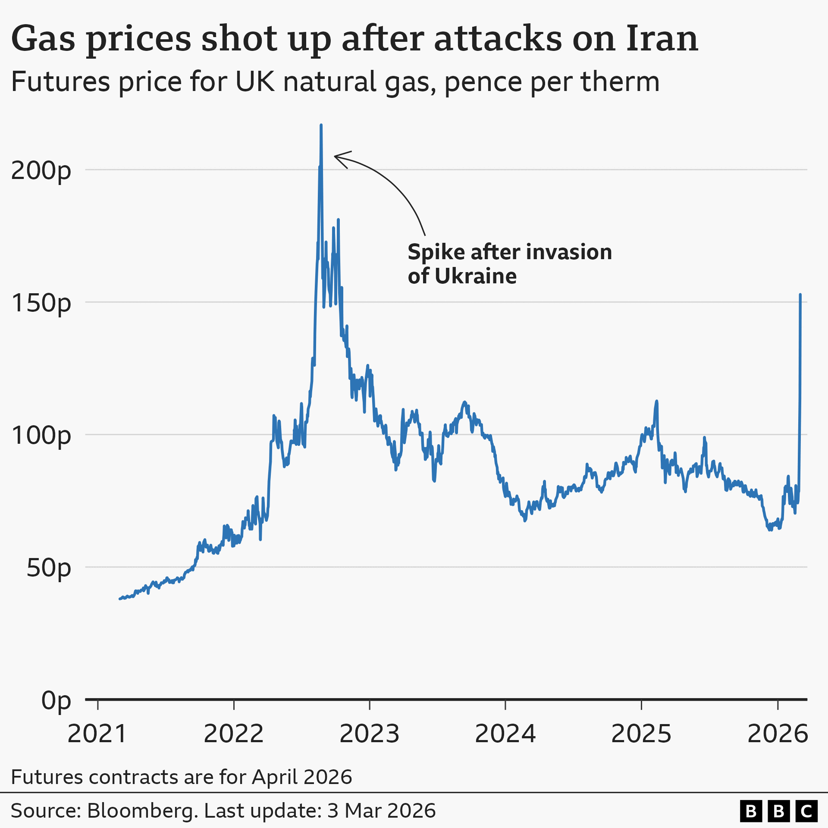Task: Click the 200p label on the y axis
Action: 41,171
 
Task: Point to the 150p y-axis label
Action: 41,303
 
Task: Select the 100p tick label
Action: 41,436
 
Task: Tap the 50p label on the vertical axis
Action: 48,568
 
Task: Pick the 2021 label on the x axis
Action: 97,734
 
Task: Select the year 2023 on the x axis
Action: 369,734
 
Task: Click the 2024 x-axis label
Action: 505,734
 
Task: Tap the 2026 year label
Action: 777,734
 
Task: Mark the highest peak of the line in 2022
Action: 321,125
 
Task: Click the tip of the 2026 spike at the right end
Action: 800,295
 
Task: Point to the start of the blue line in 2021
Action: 120,599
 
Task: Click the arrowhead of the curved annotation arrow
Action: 336,156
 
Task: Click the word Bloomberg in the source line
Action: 142,811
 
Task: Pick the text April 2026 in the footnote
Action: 302,777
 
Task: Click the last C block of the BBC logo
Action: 806,811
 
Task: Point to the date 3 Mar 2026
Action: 381,811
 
